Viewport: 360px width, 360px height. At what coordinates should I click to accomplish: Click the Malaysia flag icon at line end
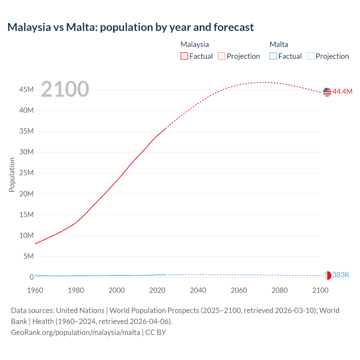pyautogui.click(x=327, y=92)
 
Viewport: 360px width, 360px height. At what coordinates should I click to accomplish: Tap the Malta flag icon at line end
pyautogui.click(x=327, y=275)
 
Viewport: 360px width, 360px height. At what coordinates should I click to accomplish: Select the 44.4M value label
pyautogui.click(x=342, y=91)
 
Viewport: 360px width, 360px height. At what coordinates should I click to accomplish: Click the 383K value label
pyautogui.click(x=341, y=275)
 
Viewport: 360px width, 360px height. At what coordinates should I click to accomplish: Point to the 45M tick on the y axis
pyautogui.click(x=26, y=89)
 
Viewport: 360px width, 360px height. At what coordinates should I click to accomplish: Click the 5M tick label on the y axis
pyautogui.click(x=28, y=256)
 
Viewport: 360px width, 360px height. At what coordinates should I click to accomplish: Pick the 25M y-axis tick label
pyautogui.click(x=26, y=173)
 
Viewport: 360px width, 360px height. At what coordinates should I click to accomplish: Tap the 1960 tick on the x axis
pyautogui.click(x=35, y=290)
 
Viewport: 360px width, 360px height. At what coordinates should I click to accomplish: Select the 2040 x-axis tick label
pyautogui.click(x=198, y=290)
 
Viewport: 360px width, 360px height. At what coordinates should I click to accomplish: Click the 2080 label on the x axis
pyautogui.click(x=280, y=290)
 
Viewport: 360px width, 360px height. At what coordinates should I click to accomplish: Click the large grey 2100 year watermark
pyautogui.click(x=65, y=89)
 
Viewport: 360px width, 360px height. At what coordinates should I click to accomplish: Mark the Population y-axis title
pyautogui.click(x=12, y=175)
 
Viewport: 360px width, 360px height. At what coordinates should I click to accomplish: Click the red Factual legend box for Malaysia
pyautogui.click(x=184, y=56)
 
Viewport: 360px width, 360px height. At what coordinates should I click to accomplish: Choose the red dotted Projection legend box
pyautogui.click(x=222, y=56)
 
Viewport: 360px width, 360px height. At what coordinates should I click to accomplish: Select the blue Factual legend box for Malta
pyautogui.click(x=273, y=56)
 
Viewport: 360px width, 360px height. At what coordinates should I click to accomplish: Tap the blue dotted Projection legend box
pyautogui.click(x=310, y=56)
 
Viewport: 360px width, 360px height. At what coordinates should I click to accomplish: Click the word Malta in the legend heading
pyautogui.click(x=279, y=44)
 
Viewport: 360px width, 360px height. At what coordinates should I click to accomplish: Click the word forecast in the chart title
pyautogui.click(x=233, y=27)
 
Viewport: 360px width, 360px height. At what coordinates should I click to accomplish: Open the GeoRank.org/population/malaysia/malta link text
pyautogui.click(x=75, y=332)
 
